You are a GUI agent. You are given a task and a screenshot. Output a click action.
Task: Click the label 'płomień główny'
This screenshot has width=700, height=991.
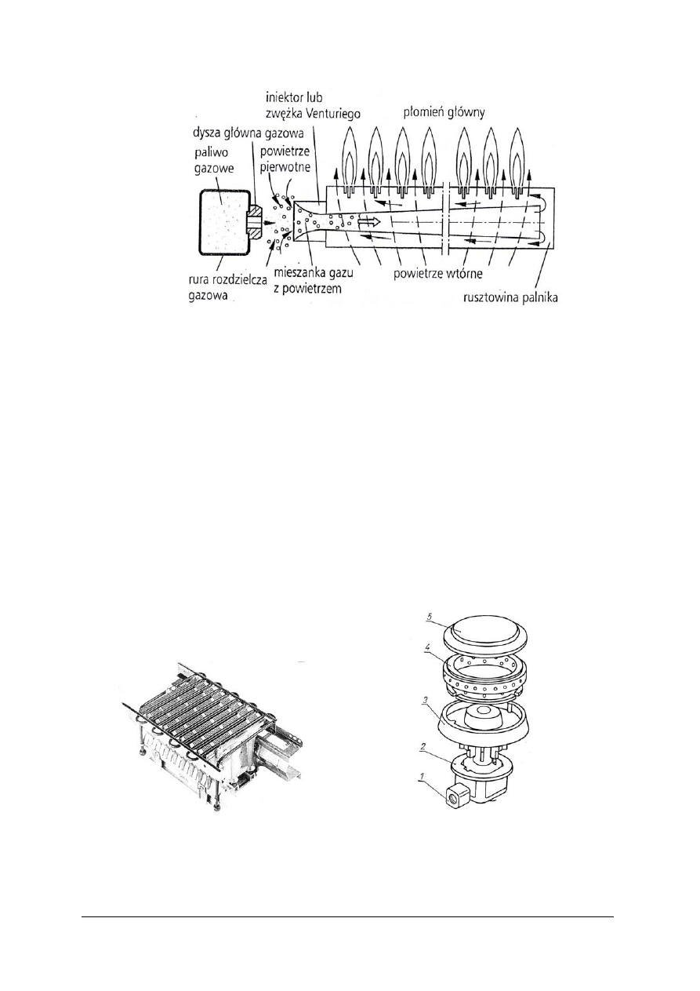[x=444, y=113]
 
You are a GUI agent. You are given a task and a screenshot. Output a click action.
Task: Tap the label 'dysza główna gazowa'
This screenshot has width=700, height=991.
[x=248, y=133]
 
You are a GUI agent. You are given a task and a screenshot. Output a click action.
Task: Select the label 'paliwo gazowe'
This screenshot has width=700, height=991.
[x=214, y=161]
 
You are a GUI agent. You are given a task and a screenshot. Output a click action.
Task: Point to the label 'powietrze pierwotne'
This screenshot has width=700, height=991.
[x=285, y=159]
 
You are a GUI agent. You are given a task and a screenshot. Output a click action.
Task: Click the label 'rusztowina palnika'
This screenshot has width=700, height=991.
[x=510, y=297]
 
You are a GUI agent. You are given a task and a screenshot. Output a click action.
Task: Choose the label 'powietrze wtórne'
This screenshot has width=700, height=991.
[x=438, y=273]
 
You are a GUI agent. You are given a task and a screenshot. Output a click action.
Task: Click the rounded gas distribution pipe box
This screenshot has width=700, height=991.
[x=223, y=221]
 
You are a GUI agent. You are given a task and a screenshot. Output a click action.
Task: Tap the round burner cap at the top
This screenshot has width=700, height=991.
[x=485, y=636]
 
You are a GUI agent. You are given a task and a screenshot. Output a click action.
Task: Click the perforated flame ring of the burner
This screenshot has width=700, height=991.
[x=485, y=674]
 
